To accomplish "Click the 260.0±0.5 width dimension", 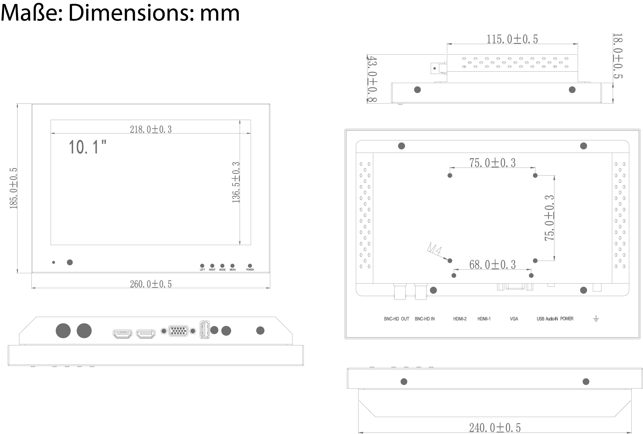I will [151, 284].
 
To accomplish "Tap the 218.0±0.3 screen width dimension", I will [151, 129].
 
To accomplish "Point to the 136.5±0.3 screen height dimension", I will [236, 182].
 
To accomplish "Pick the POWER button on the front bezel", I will [250, 266].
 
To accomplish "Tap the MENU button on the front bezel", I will [232, 266].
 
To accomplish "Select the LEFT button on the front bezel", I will [202, 266].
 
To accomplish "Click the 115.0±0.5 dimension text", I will [512, 39].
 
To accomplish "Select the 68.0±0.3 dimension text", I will [492, 265].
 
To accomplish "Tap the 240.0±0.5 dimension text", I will [495, 428].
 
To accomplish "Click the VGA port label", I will [514, 319].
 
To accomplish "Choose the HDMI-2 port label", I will [460, 319].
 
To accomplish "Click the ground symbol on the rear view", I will [596, 319].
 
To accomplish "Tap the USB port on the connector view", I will [204, 330].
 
